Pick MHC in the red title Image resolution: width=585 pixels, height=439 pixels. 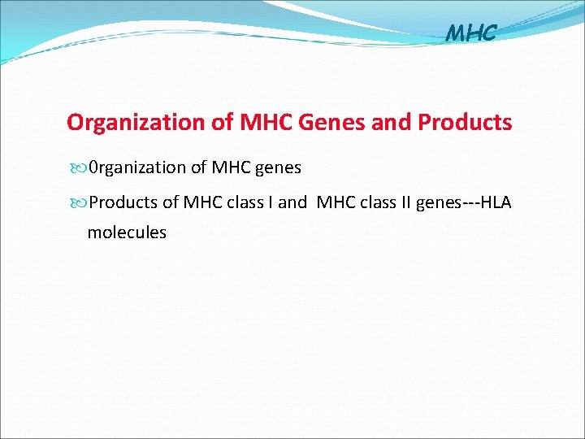[x=267, y=123]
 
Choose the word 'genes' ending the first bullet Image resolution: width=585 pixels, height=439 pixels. [x=278, y=168]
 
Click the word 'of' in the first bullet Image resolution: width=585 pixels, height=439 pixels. [x=199, y=168]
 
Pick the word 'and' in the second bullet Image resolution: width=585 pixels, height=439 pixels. [x=292, y=202]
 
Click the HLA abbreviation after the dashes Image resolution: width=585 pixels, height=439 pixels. [x=496, y=202]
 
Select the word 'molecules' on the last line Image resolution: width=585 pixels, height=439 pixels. [x=127, y=233]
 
